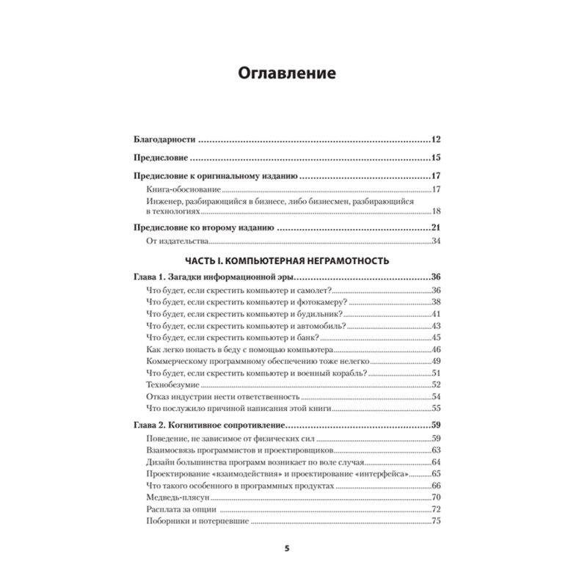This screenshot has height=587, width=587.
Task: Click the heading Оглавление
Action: point(287,73)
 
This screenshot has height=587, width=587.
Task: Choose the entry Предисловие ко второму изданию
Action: point(204,227)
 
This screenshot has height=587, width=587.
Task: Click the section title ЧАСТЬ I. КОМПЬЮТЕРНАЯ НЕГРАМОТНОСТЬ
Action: point(286,260)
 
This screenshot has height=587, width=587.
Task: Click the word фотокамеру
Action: point(318,302)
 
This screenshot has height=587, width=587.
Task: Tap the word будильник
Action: point(316,314)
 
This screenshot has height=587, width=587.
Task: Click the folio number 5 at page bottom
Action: point(287,548)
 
